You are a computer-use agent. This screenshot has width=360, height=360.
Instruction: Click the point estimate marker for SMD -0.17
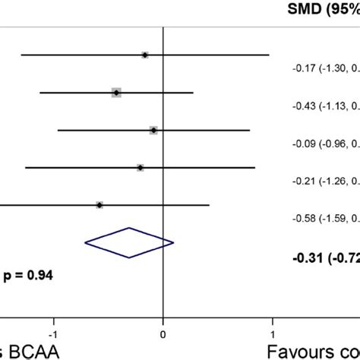[145, 55]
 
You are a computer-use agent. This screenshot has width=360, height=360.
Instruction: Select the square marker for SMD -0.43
[116, 92]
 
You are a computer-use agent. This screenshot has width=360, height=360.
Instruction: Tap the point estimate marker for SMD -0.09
[153, 130]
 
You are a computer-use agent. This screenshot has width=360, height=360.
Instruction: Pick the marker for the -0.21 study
[141, 167]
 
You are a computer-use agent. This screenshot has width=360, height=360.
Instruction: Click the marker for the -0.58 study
[99, 205]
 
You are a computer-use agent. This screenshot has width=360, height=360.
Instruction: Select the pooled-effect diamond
[129, 243]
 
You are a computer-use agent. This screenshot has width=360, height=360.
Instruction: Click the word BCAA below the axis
[27, 352]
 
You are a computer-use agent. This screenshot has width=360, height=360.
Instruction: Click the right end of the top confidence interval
[269, 55]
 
